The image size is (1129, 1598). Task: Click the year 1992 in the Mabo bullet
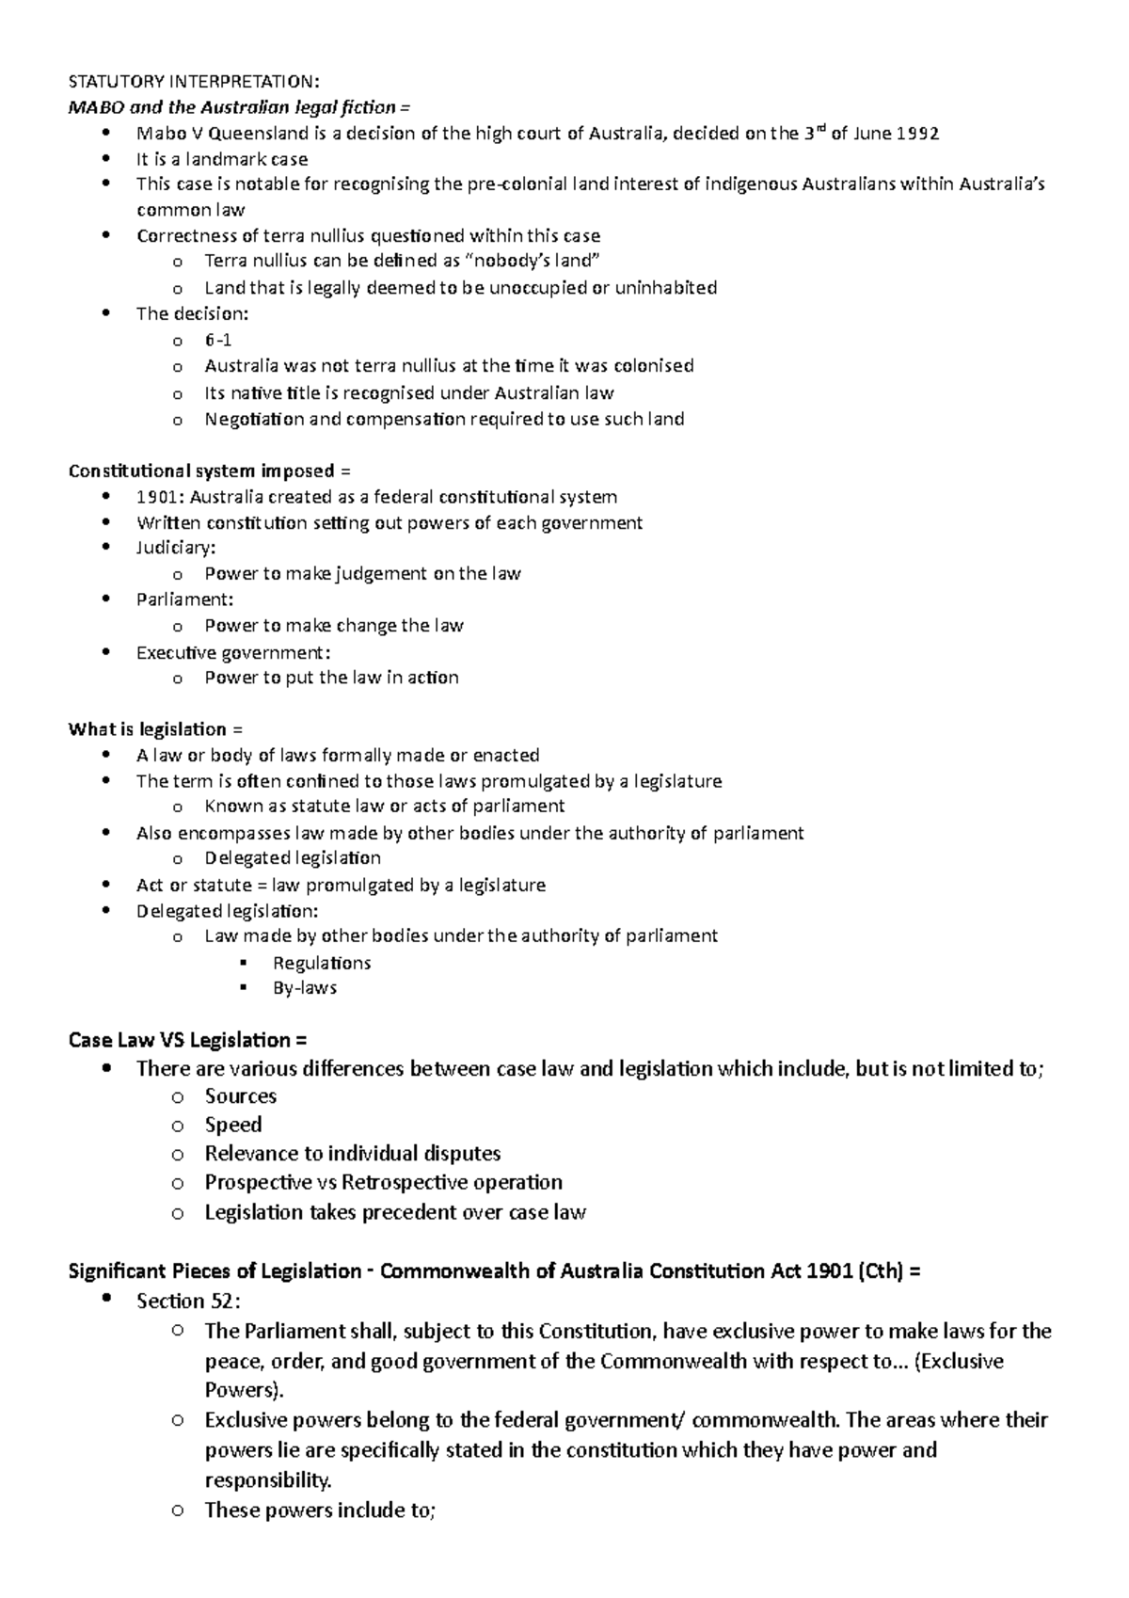pos(917,134)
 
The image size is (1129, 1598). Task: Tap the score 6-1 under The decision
pos(217,341)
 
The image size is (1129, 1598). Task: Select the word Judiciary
pos(174,548)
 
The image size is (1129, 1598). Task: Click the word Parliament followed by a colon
pos(183,599)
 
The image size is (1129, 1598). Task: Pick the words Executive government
pos(231,652)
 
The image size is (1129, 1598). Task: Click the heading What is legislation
pos(148,729)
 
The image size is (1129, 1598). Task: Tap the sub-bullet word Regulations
pos(322,963)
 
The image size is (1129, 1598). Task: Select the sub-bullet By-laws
pos(305,988)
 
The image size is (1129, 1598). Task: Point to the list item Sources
pos(241,1096)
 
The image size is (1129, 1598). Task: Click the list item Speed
pos(233,1126)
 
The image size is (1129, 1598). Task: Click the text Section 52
pos(186,1302)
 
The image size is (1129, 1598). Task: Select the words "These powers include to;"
pos(320,1510)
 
